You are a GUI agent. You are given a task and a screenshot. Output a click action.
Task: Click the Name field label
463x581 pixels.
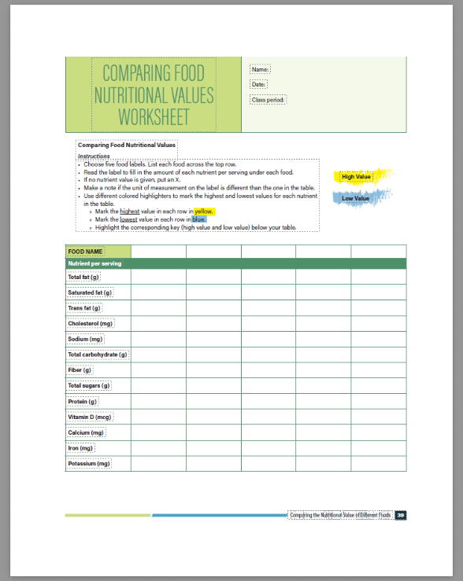tap(260, 70)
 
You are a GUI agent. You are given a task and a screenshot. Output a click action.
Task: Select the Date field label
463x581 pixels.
tap(259, 84)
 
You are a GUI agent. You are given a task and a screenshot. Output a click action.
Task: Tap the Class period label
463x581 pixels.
tap(269, 100)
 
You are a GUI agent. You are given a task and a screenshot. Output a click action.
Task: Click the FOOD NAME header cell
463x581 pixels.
tap(85, 252)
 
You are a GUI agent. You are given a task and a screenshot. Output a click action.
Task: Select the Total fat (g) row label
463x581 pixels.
tap(84, 277)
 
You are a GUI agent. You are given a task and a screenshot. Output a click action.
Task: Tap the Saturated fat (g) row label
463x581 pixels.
tap(90, 292)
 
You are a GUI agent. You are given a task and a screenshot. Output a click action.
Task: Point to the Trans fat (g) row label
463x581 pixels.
tap(85, 308)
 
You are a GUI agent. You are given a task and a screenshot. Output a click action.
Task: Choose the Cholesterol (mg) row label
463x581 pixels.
tap(91, 323)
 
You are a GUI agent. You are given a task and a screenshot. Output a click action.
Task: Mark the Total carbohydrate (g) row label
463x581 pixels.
tap(98, 355)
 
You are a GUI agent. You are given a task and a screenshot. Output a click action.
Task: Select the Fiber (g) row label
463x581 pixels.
tap(80, 370)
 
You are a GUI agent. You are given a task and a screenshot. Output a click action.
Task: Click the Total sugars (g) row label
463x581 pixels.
tap(89, 385)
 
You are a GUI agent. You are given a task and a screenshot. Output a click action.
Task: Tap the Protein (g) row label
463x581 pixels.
tap(83, 401)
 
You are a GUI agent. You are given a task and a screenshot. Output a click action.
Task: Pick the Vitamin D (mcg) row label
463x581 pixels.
tap(90, 417)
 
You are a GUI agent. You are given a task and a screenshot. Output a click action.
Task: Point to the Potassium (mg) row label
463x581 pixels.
tap(89, 464)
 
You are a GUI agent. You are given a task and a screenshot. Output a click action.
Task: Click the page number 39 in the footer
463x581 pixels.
tap(401, 516)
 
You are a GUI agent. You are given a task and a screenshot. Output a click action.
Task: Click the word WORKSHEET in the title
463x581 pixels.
tap(154, 117)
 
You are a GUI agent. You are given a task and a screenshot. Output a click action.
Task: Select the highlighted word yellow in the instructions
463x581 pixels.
tap(204, 211)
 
